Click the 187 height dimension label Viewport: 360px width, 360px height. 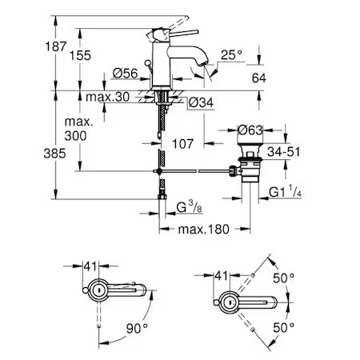(x=55, y=46)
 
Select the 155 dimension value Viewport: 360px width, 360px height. (x=80, y=55)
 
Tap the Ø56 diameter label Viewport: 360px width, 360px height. (x=125, y=74)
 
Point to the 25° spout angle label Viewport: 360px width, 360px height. (x=231, y=55)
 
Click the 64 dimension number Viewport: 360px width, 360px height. (x=258, y=78)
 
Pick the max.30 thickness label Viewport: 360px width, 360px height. (x=107, y=97)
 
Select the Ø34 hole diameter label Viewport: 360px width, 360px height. (x=201, y=102)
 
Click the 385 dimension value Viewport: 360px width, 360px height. (x=54, y=154)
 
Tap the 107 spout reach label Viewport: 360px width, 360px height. (x=182, y=144)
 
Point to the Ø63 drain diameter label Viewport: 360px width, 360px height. (x=250, y=130)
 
